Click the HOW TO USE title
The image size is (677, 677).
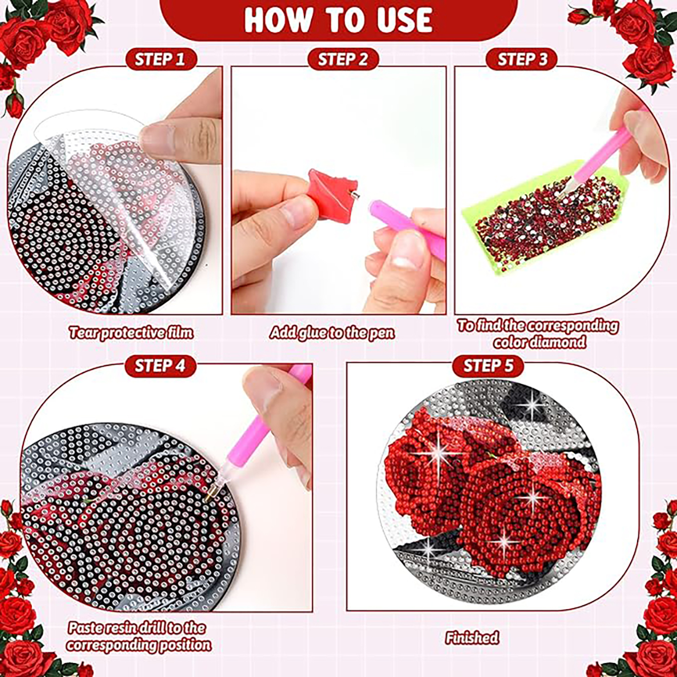click(x=338, y=20)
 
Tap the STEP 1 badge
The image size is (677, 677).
click(x=160, y=59)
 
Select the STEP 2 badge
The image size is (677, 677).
click(x=343, y=59)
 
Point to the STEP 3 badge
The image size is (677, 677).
click(x=522, y=59)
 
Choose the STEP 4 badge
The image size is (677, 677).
click(x=160, y=366)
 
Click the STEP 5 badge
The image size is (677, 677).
click(x=489, y=366)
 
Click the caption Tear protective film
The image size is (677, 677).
click(x=131, y=333)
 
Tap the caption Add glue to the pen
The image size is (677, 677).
click(x=332, y=333)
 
